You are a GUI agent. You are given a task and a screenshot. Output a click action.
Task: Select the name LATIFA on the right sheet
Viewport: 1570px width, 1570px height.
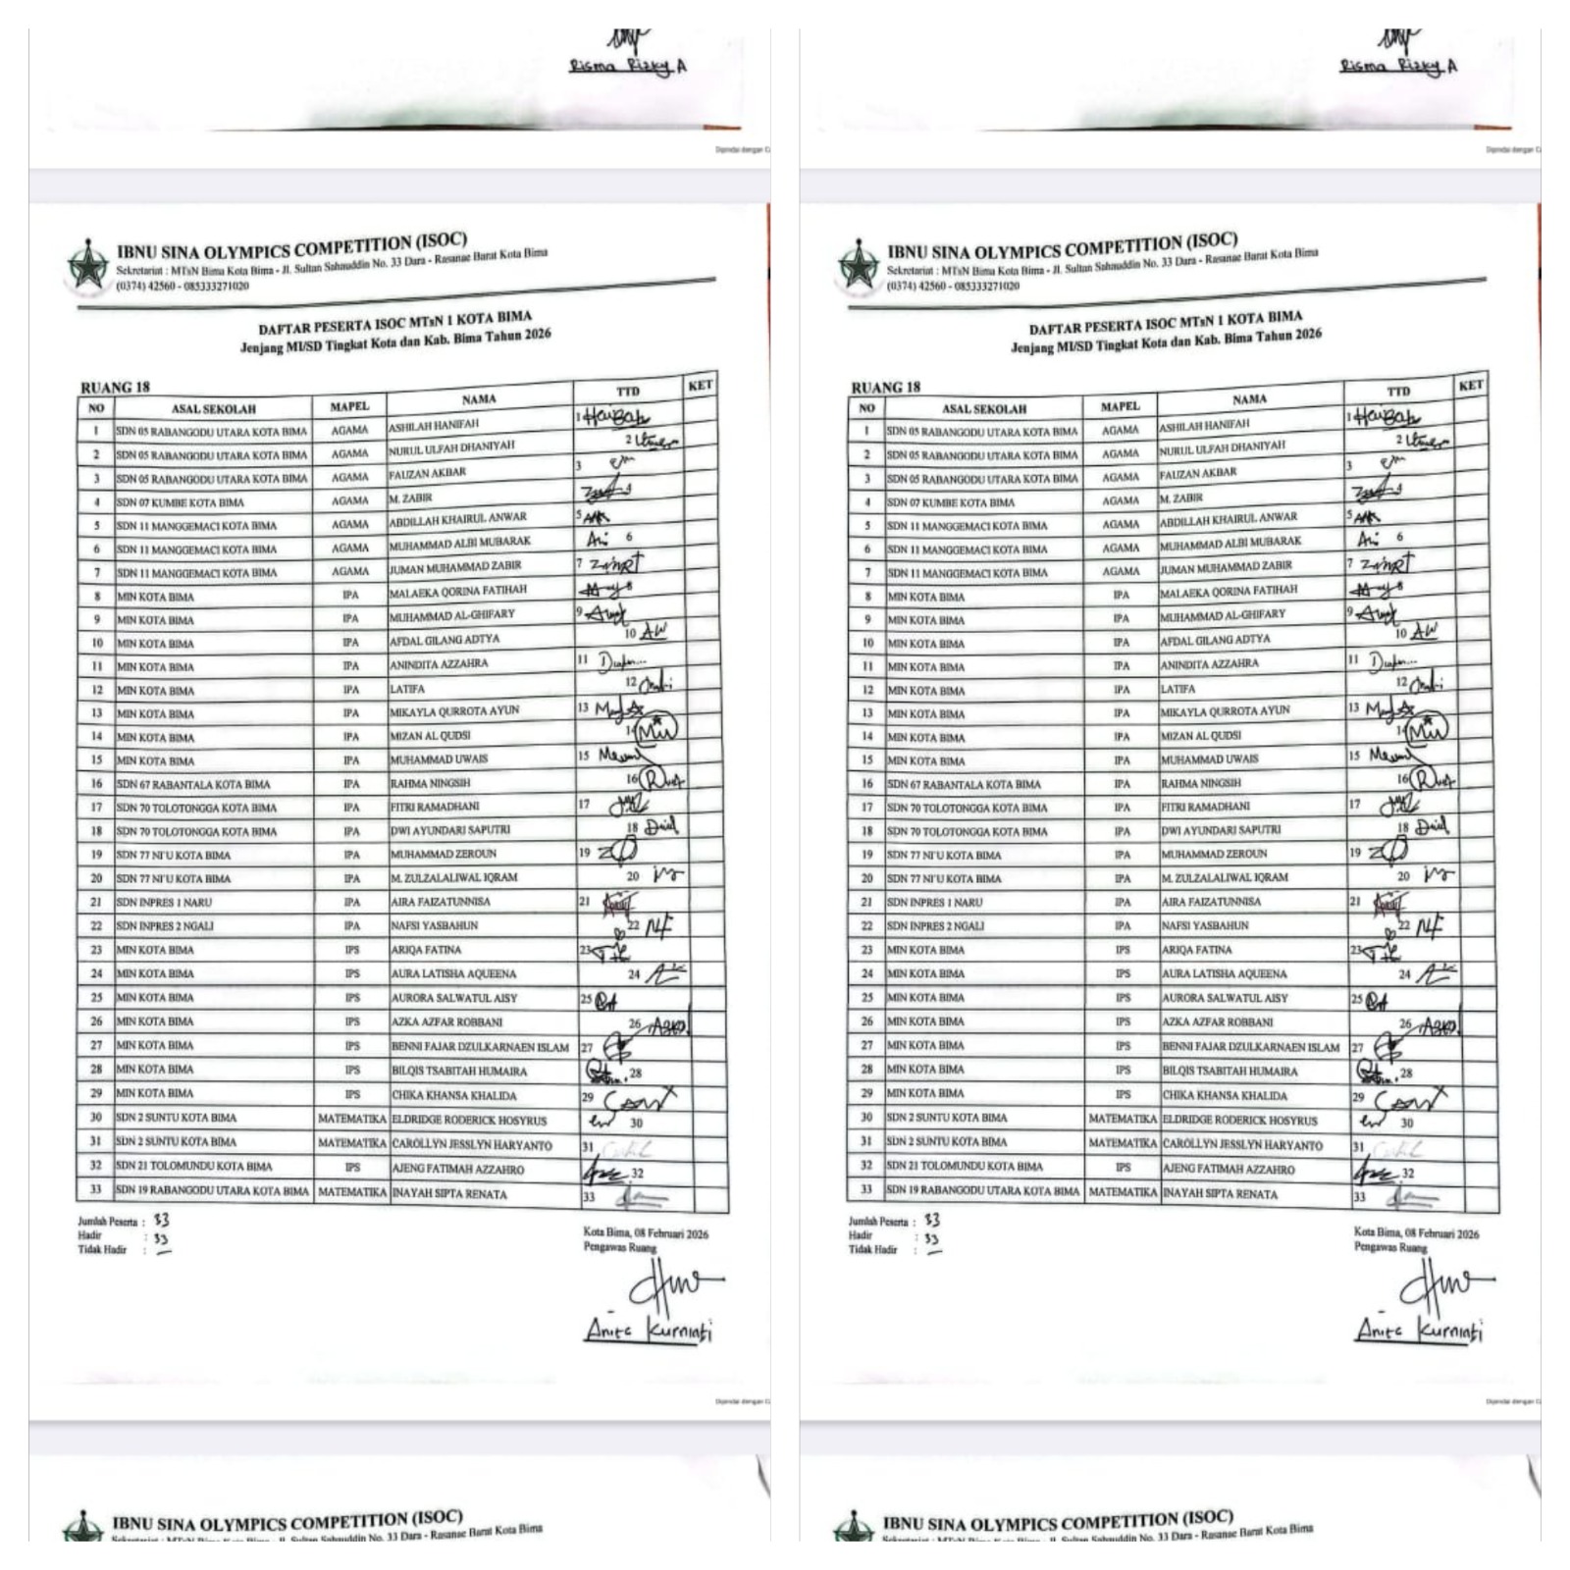point(1177,689)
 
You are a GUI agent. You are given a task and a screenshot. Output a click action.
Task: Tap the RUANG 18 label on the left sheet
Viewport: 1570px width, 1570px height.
point(115,387)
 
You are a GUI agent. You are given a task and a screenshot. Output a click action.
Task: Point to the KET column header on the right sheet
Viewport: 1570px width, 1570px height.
point(1470,386)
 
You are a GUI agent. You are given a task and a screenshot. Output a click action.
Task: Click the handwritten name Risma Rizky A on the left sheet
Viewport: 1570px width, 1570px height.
point(627,67)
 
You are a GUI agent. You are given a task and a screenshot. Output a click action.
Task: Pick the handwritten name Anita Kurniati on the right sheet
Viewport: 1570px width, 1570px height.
point(1419,1331)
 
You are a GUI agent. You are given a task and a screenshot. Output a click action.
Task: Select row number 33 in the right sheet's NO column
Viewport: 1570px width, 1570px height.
point(866,1189)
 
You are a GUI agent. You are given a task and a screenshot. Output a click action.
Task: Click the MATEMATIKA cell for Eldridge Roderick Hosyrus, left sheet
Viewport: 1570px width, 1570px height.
point(352,1119)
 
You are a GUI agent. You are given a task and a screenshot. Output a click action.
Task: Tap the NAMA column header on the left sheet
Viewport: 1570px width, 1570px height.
point(479,399)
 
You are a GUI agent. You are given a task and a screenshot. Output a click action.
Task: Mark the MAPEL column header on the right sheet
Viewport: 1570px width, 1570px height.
point(1120,406)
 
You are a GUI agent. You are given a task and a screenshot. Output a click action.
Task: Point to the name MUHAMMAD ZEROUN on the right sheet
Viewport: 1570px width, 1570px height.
point(1214,854)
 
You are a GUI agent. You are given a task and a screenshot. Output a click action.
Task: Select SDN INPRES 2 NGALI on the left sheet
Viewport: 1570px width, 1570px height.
point(165,926)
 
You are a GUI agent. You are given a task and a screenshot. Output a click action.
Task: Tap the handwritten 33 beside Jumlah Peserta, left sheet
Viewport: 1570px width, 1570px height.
point(161,1220)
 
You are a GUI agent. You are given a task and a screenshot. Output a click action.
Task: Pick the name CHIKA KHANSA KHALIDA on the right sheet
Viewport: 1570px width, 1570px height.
point(1224,1095)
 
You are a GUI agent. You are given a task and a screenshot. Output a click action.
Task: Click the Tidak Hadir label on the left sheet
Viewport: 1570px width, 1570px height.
point(103,1249)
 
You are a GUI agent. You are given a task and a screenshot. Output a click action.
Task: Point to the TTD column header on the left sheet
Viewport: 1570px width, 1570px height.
point(628,392)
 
